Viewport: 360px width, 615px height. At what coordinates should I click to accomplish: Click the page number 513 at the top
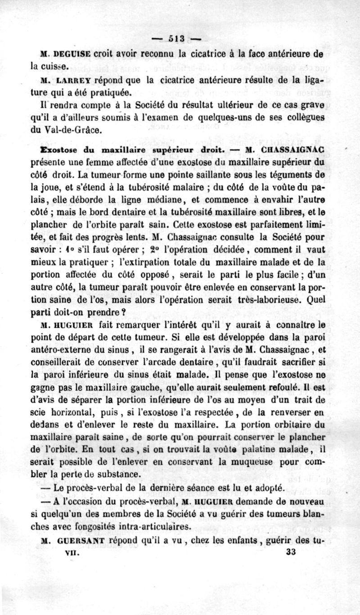(x=176, y=37)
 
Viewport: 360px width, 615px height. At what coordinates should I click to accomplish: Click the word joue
(x=48, y=185)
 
